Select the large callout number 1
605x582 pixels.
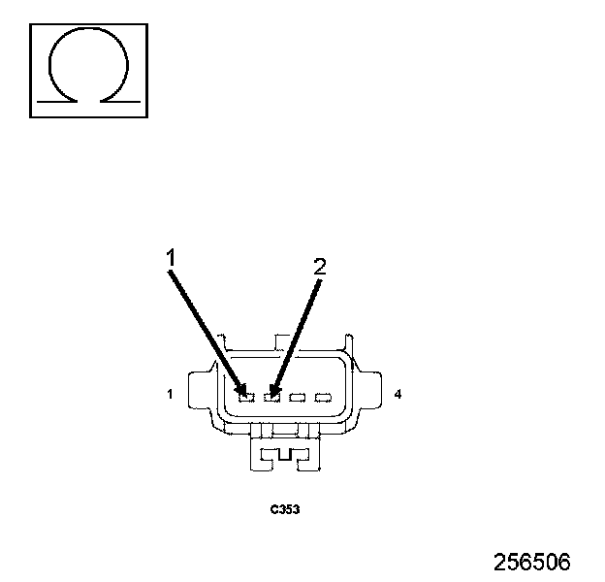tap(170, 258)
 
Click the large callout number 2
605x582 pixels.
tap(320, 268)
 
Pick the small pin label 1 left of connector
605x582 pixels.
tap(170, 395)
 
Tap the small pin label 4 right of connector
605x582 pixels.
tap(398, 395)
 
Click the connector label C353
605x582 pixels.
tap(284, 507)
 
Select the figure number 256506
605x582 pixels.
tap(531, 562)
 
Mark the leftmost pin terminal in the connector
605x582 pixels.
tap(246, 396)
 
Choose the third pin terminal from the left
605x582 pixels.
tap(298, 396)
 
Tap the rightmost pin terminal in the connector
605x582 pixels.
tap(323, 396)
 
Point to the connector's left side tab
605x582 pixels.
tap(202, 394)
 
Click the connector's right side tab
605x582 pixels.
tap(369, 394)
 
